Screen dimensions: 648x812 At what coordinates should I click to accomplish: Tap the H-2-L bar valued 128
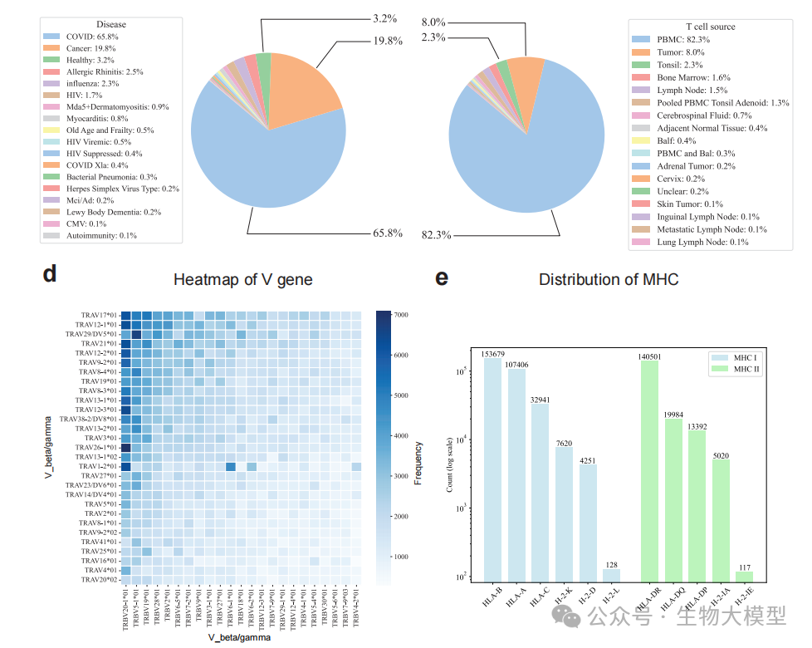(611, 573)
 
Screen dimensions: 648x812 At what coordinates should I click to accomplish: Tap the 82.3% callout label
(437, 235)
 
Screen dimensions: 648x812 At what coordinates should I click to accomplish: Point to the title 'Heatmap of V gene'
(242, 280)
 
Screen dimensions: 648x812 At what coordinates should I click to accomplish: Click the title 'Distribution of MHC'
(608, 280)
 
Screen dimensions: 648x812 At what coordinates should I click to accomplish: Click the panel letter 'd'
(50, 275)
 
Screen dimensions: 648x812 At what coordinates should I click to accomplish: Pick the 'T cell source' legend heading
(711, 27)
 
